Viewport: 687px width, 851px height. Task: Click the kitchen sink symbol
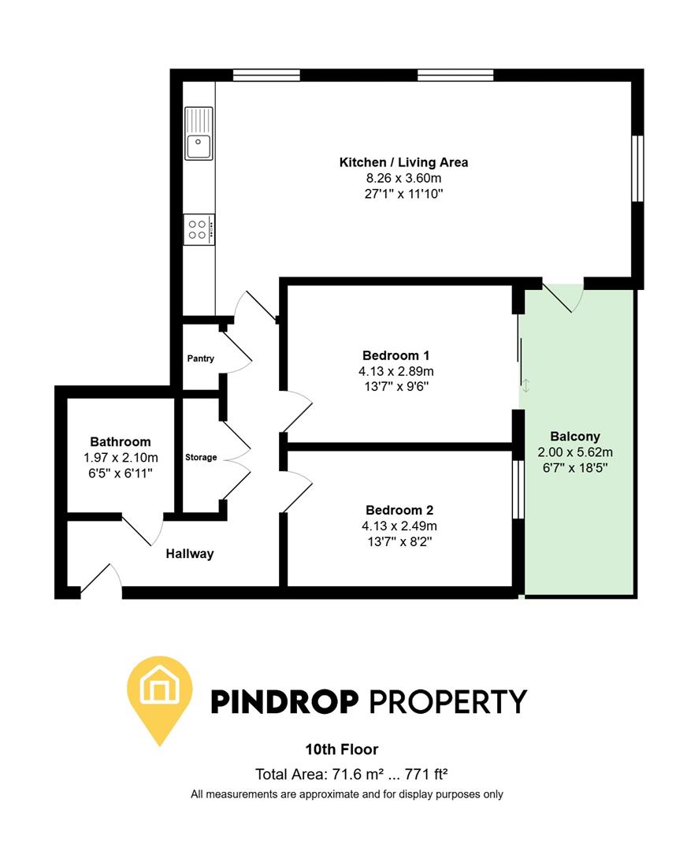tap(199, 133)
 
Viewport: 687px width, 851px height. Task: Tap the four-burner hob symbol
tap(199, 229)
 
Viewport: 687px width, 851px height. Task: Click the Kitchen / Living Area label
tap(403, 163)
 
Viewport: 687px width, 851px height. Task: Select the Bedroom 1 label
tap(396, 355)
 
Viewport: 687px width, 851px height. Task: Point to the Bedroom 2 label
tap(399, 510)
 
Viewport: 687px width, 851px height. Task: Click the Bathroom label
tap(120, 442)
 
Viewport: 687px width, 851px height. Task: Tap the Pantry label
tap(200, 359)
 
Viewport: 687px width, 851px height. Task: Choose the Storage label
tap(201, 457)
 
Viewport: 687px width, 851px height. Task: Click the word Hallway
tap(190, 554)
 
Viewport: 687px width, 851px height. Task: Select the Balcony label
tap(575, 437)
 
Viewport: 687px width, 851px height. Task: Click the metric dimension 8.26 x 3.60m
tap(403, 178)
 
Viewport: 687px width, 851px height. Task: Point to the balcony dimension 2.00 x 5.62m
tap(575, 452)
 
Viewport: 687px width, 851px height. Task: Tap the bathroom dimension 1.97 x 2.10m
tap(120, 457)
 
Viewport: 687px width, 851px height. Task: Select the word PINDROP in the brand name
tap(286, 700)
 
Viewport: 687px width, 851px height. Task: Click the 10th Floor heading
tap(342, 749)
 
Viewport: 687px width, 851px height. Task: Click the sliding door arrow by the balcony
tap(526, 385)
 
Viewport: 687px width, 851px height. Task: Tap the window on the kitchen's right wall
tap(639, 168)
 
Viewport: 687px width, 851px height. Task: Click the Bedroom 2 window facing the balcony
tap(518, 489)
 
